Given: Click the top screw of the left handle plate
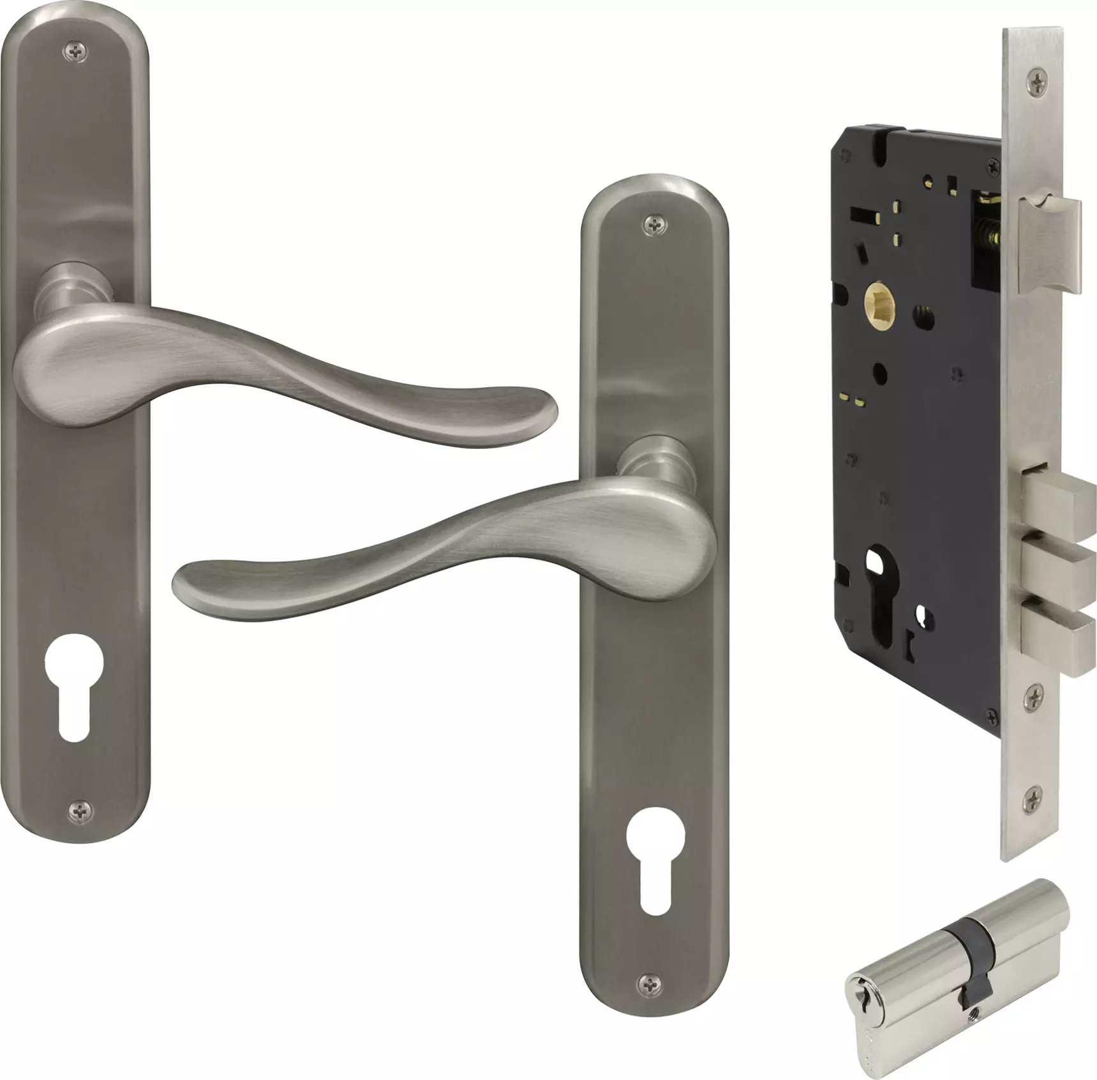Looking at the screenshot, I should [76, 54].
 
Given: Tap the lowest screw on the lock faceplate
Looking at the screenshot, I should [1033, 798].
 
